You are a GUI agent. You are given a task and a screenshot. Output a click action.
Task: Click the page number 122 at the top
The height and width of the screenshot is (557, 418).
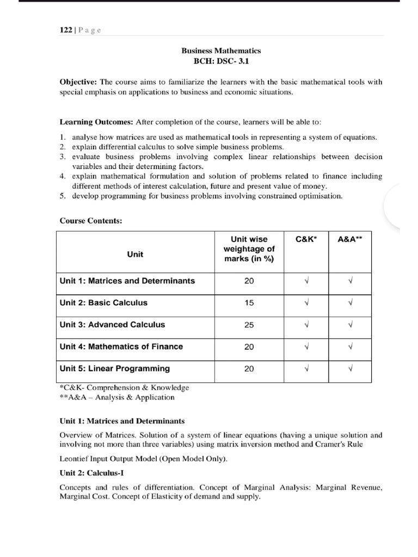pyautogui.click(x=65, y=30)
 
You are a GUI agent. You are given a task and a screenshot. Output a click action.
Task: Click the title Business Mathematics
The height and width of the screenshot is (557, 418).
pyautogui.click(x=220, y=50)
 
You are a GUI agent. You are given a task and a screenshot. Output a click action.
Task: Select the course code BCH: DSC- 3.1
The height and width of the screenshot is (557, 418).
pyautogui.click(x=220, y=61)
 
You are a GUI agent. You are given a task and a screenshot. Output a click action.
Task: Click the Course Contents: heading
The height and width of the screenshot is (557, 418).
pyautogui.click(x=87, y=221)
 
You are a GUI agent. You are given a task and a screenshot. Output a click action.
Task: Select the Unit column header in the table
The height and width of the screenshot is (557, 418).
pyautogui.click(x=135, y=254)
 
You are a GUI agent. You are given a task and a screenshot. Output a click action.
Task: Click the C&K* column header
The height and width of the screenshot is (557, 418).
pyautogui.click(x=306, y=239)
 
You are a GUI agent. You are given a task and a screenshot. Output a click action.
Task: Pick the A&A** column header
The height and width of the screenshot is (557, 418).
pyautogui.click(x=351, y=239)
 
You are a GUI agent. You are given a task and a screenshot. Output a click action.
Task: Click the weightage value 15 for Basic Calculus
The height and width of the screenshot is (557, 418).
pyautogui.click(x=249, y=303)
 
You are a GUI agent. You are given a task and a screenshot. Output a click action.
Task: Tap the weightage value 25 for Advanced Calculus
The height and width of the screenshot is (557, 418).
pyautogui.click(x=249, y=325)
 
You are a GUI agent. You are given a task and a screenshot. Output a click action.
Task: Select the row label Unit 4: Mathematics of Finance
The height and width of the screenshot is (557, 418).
pyautogui.click(x=121, y=346)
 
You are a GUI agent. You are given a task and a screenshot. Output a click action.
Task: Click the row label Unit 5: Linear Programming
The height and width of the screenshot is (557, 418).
pyautogui.click(x=115, y=368)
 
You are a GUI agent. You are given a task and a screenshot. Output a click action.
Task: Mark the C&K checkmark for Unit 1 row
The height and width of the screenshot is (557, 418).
pyautogui.click(x=306, y=281)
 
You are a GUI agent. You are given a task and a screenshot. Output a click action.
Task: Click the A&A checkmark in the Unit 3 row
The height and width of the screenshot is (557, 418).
pyautogui.click(x=351, y=325)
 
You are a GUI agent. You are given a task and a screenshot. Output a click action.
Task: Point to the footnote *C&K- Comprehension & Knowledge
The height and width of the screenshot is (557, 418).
pyautogui.click(x=124, y=387)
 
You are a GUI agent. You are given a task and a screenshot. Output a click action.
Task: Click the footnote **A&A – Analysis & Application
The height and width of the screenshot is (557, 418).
pyautogui.click(x=117, y=397)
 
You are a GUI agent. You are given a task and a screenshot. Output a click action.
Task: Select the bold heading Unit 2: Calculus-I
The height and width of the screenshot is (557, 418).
pyautogui.click(x=93, y=473)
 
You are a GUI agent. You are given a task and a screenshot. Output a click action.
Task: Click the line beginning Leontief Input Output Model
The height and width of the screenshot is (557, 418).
pyautogui.click(x=143, y=459)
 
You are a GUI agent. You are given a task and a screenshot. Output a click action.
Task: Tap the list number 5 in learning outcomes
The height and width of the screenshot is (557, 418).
pyautogui.click(x=62, y=196)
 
